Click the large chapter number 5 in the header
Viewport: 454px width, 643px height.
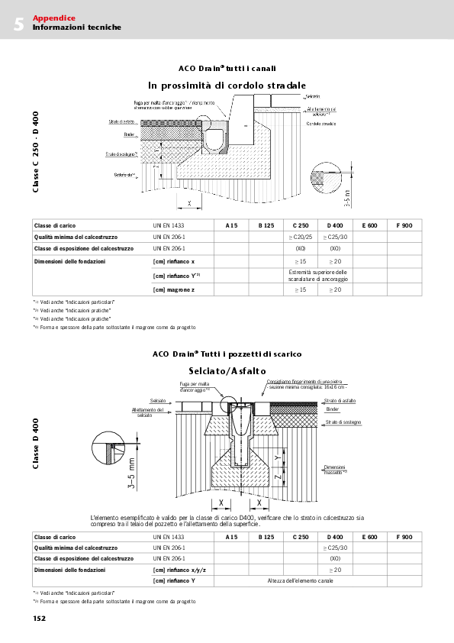[18, 24]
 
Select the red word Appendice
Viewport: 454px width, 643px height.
[53, 18]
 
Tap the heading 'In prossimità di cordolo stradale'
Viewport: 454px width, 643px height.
[227, 84]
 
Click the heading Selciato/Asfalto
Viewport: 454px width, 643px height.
[227, 370]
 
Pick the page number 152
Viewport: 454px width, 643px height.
[39, 619]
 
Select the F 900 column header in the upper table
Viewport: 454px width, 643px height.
[404, 226]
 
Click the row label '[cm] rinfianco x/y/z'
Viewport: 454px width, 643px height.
[179, 570]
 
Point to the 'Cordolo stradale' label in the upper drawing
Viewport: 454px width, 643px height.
[320, 122]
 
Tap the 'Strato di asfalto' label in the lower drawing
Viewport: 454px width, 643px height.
[340, 400]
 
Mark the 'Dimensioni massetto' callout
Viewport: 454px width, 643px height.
[335, 469]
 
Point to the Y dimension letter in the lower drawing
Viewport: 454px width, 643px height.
[276, 457]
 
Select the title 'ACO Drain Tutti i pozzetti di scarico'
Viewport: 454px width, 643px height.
[227, 354]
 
